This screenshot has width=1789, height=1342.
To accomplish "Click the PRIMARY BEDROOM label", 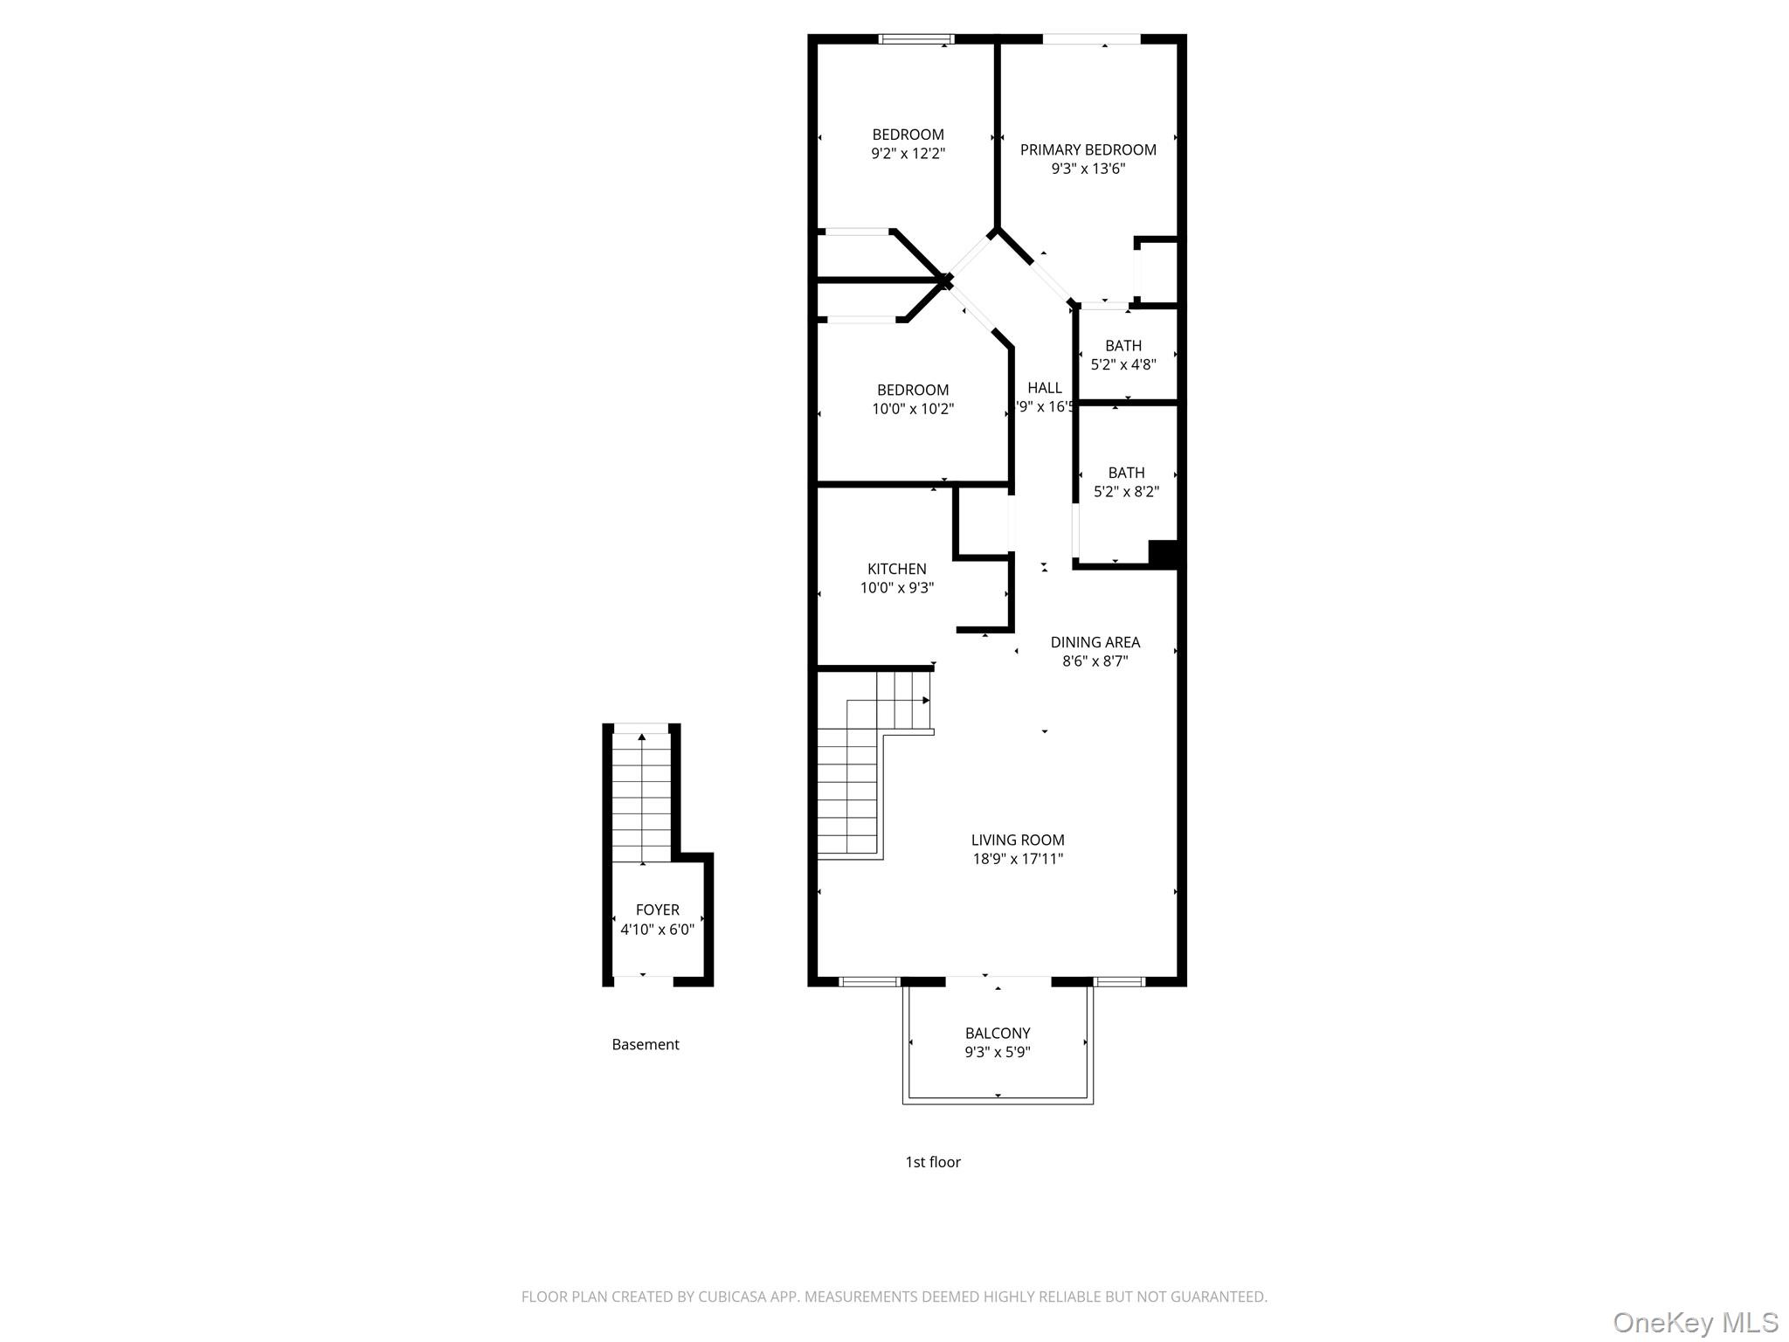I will tap(1088, 149).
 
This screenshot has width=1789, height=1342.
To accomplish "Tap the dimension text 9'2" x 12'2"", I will tap(908, 154).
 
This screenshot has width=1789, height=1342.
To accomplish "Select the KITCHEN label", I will tap(896, 569).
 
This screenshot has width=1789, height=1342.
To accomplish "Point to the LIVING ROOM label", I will tap(1018, 840).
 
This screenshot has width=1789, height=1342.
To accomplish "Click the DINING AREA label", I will tap(1095, 642).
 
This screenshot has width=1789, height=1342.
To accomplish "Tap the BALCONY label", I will tap(998, 1033).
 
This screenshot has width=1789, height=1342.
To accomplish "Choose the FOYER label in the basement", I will tap(657, 910).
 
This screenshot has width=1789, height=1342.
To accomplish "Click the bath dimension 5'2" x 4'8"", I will tap(1123, 364).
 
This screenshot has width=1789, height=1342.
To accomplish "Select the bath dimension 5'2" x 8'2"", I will tap(1126, 492).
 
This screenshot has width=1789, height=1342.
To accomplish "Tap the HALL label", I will tap(1044, 388).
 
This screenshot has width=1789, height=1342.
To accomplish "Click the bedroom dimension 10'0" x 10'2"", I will tap(913, 409).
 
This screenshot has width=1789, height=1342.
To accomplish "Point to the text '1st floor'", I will tap(932, 1162).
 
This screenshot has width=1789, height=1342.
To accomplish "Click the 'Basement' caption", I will tap(645, 1044).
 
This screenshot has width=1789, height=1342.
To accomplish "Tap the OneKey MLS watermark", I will tap(1695, 1322).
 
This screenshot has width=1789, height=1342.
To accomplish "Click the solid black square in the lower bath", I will tap(1163, 555).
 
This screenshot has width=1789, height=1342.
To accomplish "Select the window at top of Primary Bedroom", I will tap(1091, 39).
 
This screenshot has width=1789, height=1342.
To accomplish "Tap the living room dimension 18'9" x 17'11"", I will tap(1018, 859).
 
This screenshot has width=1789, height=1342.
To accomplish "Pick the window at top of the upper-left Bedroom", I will tap(915, 39).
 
